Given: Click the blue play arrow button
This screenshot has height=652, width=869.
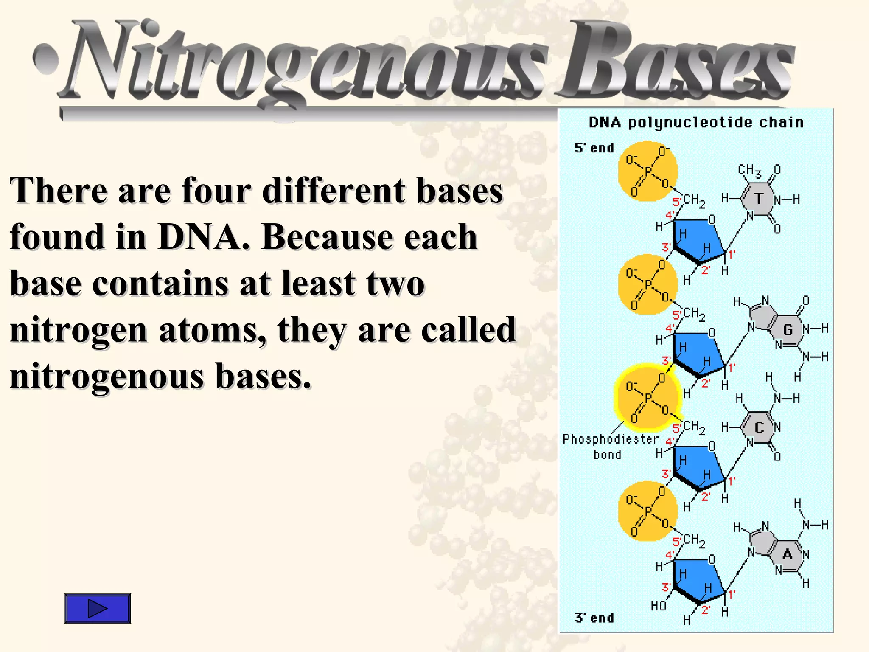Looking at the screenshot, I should point(98,608).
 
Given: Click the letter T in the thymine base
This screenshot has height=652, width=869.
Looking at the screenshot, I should point(759,199).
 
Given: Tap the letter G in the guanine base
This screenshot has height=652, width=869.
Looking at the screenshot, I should point(788,329).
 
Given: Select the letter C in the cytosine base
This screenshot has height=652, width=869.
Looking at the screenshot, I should point(759,427).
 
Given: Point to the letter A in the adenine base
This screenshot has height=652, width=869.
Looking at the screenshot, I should point(788,554).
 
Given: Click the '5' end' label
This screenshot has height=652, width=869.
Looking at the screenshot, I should point(594,148).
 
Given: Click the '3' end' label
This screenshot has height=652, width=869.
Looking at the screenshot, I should point(594,618).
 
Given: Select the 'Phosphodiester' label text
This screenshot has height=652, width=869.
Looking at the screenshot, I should point(610,439).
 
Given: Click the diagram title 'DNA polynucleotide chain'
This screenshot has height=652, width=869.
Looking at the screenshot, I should point(696,123).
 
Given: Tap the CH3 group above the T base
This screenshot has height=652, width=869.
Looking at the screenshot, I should point(749,171).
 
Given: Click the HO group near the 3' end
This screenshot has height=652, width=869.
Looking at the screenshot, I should point(659,606).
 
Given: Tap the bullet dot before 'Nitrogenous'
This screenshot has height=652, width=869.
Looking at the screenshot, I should point(46,59).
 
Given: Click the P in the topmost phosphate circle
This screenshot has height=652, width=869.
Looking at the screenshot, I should point(648,171).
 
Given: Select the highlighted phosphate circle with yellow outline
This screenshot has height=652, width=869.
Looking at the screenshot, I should point(647,397).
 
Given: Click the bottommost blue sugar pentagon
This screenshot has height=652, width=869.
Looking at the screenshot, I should point(698,579).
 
